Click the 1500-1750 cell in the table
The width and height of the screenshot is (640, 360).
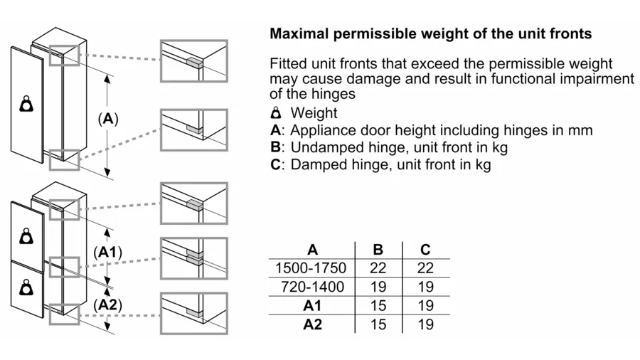pyautogui.click(x=311, y=268)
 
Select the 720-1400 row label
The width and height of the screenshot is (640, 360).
pyautogui.click(x=312, y=287)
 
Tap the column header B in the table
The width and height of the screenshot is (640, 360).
pyautogui.click(x=378, y=250)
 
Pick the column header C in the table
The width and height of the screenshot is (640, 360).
pyautogui.click(x=425, y=250)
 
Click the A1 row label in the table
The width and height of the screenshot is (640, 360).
pyautogui.click(x=312, y=306)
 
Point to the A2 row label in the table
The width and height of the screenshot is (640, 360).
pyautogui.click(x=312, y=324)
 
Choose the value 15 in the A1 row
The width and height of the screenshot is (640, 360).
pyautogui.click(x=378, y=306)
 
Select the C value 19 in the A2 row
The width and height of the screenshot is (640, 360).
pyautogui.click(x=425, y=324)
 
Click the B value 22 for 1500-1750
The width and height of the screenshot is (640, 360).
pyautogui.click(x=378, y=268)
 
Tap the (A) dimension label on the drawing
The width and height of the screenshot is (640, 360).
pyautogui.click(x=108, y=119)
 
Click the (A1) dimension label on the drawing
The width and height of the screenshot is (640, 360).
pyautogui.click(x=108, y=253)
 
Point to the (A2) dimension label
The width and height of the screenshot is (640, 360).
pyautogui.click(x=108, y=305)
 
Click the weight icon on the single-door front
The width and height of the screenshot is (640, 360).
pyautogui.click(x=27, y=104)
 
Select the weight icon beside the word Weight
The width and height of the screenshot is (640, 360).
pyautogui.click(x=277, y=112)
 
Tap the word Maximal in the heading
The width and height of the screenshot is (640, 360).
pyautogui.click(x=299, y=33)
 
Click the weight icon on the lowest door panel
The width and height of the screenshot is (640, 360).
pyautogui.click(x=27, y=287)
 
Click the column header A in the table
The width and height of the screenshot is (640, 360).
pyautogui.click(x=312, y=250)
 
